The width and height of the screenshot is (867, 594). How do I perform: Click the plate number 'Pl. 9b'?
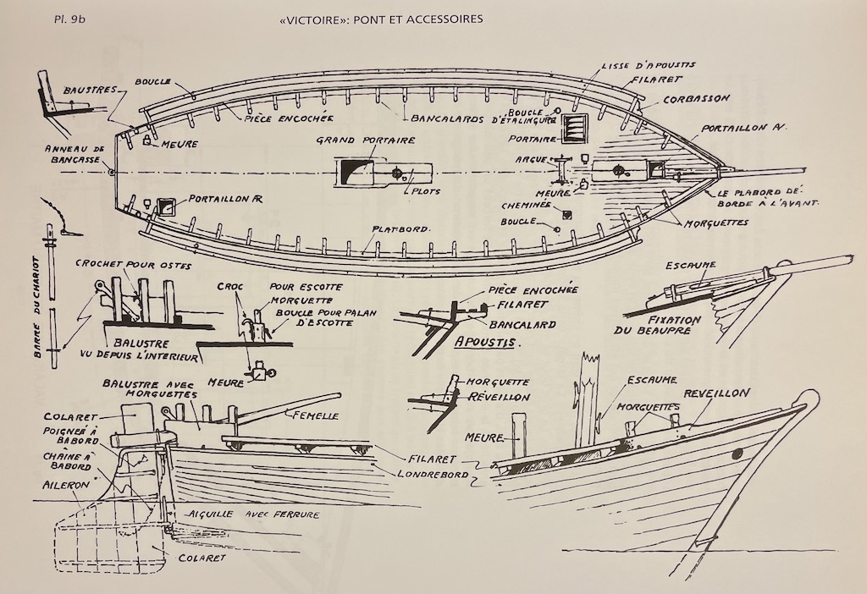(69, 19)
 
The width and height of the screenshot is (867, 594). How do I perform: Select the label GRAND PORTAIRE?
(366, 140)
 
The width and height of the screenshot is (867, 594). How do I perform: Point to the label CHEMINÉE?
(527, 206)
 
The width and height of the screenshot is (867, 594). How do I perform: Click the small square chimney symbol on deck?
(566, 214)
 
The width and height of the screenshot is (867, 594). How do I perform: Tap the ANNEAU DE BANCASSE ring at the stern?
(113, 172)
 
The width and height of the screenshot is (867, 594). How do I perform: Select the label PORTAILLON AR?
(225, 199)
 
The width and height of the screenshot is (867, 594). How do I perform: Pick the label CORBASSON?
(697, 100)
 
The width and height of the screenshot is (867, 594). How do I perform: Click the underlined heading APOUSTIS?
(485, 342)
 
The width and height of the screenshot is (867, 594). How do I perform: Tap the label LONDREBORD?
(433, 474)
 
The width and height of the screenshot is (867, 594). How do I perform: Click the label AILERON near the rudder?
(66, 485)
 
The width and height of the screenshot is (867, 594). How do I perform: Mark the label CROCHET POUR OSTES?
(133, 265)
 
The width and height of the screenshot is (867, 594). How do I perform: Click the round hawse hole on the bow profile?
(737, 454)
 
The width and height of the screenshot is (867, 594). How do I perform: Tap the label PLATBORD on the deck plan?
(400, 228)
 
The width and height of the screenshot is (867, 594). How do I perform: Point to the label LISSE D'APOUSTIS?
(649, 66)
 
